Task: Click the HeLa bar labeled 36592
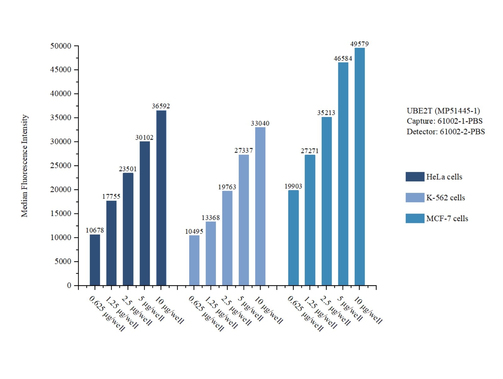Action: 161,198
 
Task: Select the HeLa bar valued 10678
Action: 95,260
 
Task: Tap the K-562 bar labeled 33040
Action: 260,206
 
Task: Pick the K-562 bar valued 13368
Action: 211,254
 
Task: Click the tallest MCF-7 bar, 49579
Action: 359,167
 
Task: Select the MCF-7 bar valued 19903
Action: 293,238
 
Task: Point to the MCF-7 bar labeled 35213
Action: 326,201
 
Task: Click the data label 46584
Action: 343,59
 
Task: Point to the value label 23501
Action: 128,169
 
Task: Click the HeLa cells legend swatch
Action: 415,177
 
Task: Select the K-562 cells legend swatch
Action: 415,198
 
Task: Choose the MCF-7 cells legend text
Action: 447,219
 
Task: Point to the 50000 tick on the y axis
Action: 61,46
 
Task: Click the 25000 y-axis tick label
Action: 61,165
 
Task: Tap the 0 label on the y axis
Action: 69,286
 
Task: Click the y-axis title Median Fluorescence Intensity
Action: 24,166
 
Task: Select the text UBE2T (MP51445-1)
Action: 443,111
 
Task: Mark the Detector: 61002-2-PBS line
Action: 445,131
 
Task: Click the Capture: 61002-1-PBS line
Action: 444,121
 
